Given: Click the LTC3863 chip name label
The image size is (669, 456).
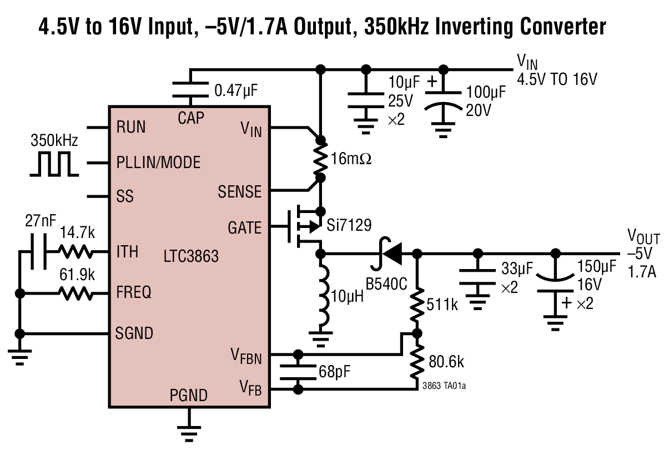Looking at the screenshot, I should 191,257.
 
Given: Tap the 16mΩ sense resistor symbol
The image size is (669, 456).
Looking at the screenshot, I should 320,158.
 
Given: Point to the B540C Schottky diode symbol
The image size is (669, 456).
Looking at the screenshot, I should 392,254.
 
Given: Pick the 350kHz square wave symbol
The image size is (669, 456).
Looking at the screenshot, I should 54,164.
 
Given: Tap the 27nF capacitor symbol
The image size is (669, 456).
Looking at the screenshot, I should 37,252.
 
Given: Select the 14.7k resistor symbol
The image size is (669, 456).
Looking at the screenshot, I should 76,252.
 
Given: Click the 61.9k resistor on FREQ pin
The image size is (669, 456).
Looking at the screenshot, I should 76,293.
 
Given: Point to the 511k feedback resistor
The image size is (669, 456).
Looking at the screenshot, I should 418,304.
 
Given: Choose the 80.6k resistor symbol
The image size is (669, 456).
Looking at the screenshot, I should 418,362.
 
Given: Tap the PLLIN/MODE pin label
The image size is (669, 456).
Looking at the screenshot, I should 158,163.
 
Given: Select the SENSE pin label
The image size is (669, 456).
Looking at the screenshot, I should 239,192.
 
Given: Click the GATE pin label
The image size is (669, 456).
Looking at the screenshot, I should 244,228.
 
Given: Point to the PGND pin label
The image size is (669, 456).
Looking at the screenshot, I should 189,396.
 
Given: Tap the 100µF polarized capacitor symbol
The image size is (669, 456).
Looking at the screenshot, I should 442,100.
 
